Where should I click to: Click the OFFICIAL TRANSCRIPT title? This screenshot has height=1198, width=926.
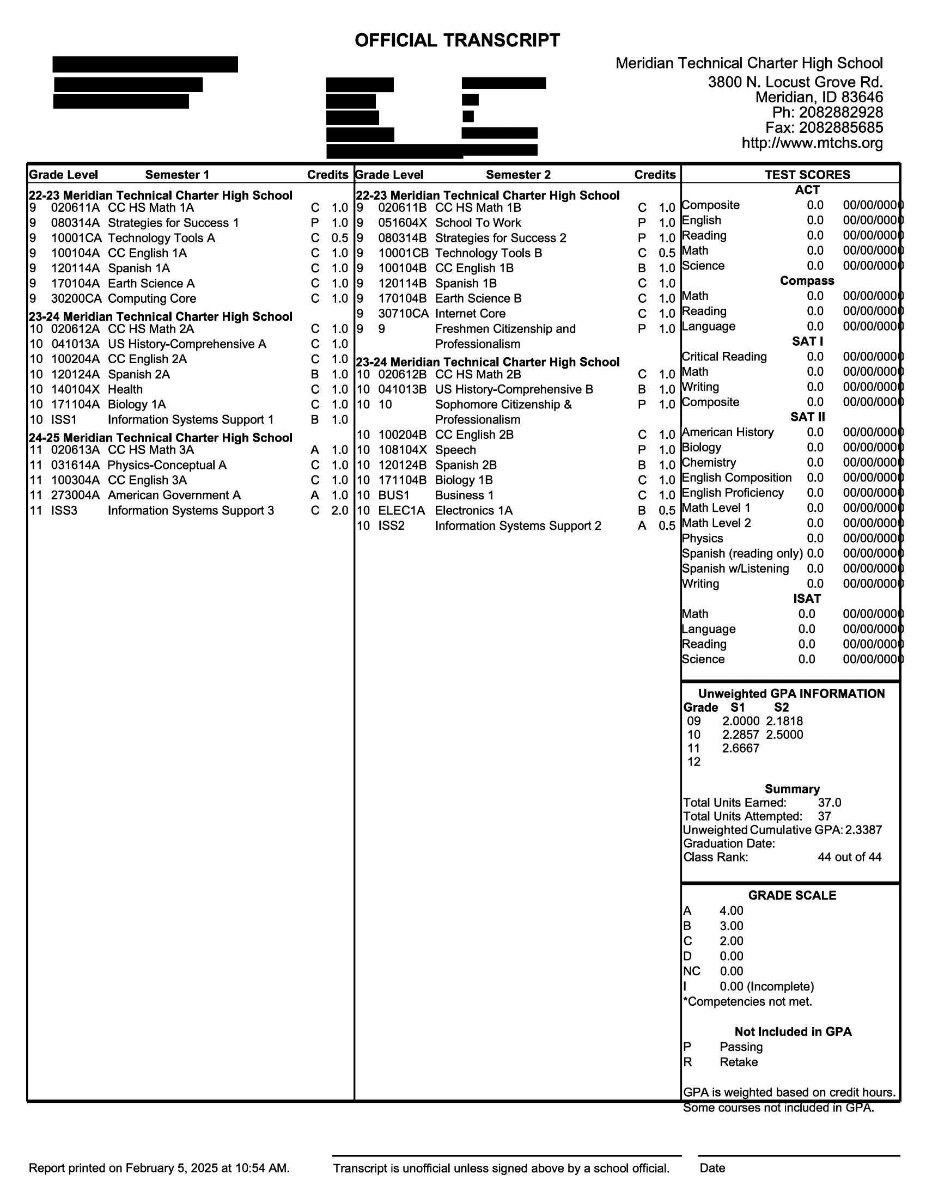tap(457, 40)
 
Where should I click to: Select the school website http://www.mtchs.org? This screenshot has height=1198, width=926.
tap(812, 143)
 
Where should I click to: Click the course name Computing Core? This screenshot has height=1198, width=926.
tap(152, 298)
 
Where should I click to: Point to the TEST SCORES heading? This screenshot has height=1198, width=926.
tap(807, 174)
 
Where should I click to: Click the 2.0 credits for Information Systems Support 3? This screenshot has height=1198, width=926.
tap(339, 511)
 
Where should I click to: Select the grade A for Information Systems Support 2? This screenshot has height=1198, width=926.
tap(642, 525)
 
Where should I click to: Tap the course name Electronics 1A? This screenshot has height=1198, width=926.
tap(473, 511)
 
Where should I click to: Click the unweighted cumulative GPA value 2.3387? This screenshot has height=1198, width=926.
tap(863, 830)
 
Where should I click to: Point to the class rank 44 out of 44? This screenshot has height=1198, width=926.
tap(849, 857)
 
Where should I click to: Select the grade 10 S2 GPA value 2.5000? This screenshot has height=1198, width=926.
tap(784, 735)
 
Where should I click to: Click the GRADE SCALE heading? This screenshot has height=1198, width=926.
tap(792, 895)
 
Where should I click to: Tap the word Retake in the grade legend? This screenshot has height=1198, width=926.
tap(739, 1062)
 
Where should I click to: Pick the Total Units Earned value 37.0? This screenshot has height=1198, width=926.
tap(830, 803)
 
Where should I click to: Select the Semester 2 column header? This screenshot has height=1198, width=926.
tap(518, 174)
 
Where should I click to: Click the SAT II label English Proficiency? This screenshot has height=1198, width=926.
tap(732, 493)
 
